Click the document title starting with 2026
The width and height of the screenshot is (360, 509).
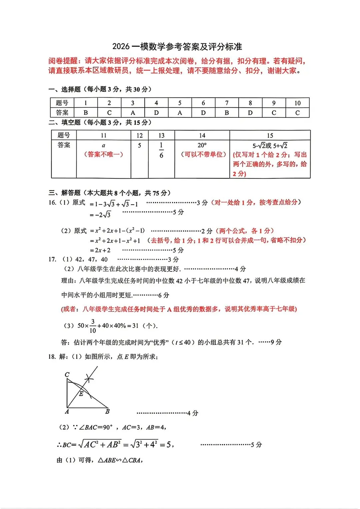pyautogui.click(x=177, y=47)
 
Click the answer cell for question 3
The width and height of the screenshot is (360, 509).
pyautogui.click(x=133, y=113)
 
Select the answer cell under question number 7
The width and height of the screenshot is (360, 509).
pyautogui.click(x=227, y=113)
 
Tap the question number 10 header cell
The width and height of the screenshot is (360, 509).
pyautogui.click(x=297, y=103)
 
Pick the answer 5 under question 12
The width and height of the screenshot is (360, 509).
pyautogui.click(x=139, y=145)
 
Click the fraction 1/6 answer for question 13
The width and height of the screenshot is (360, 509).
pyautogui.click(x=161, y=150)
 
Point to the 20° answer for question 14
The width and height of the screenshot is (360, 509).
pyautogui.click(x=202, y=145)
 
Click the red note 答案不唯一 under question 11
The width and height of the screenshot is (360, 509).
pyautogui.click(x=103, y=154)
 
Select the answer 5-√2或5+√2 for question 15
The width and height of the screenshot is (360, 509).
pyautogui.click(x=270, y=146)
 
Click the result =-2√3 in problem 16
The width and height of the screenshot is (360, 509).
pyautogui.click(x=100, y=215)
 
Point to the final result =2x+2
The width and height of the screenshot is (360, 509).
pyautogui.click(x=100, y=250)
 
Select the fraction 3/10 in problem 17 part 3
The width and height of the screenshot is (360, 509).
pyautogui.click(x=93, y=326)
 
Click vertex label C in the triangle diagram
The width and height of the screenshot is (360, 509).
pyautogui.click(x=67, y=375)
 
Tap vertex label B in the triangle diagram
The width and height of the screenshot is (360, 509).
pyautogui.click(x=107, y=411)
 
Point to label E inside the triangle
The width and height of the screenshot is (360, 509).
pyautogui.click(x=81, y=394)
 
